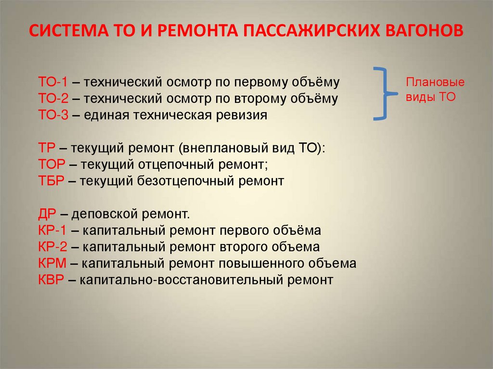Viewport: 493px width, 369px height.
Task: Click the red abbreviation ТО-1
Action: pyautogui.click(x=50, y=82)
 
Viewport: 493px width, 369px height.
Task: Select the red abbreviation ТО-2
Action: pyautogui.click(x=50, y=99)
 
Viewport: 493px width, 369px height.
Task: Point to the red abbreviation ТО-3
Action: pyautogui.click(x=50, y=115)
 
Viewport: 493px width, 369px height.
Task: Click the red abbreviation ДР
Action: pyautogui.click(x=47, y=214)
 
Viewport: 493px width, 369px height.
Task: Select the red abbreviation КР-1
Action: pyautogui.click(x=50, y=230)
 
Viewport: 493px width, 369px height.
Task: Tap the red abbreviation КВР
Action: pyautogui.click(x=51, y=280)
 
